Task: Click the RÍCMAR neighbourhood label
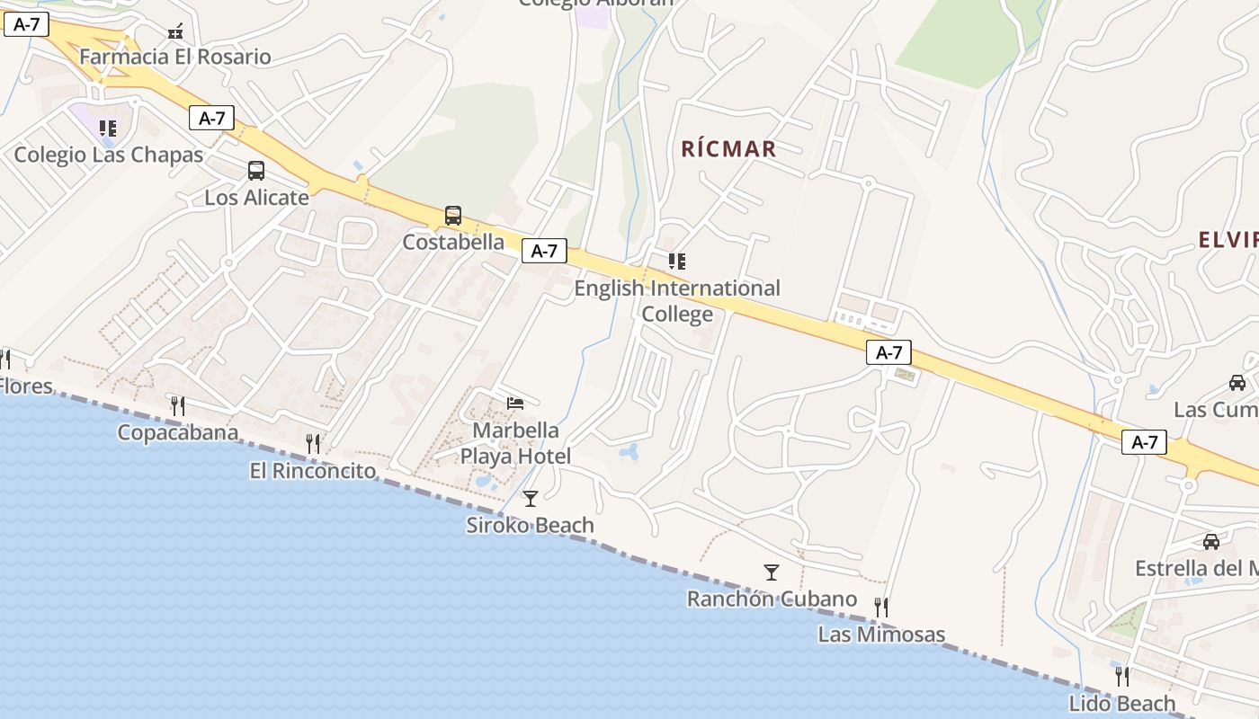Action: coord(728,148)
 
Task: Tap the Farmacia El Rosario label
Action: coord(174,57)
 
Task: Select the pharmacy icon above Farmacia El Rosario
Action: coord(175,32)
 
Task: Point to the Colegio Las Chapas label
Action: coord(109,155)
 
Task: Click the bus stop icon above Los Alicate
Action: coord(256,171)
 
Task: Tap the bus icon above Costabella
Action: coord(453,216)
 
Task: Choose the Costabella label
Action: coord(453,242)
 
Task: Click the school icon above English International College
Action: coord(677,262)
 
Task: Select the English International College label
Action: coord(677,301)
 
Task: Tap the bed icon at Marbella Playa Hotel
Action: coord(515,403)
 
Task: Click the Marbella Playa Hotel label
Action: coord(515,443)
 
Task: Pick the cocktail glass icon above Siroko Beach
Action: coord(531,498)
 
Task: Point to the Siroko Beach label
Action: coord(530,525)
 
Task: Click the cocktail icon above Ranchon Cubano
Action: coord(771,572)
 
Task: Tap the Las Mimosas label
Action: coord(881,635)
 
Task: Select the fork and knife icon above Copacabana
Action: coord(178,405)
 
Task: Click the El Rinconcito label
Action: coord(313,470)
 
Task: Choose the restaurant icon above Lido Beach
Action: coord(1121,675)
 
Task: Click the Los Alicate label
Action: coord(256,197)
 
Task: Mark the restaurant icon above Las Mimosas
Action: coord(881,608)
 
